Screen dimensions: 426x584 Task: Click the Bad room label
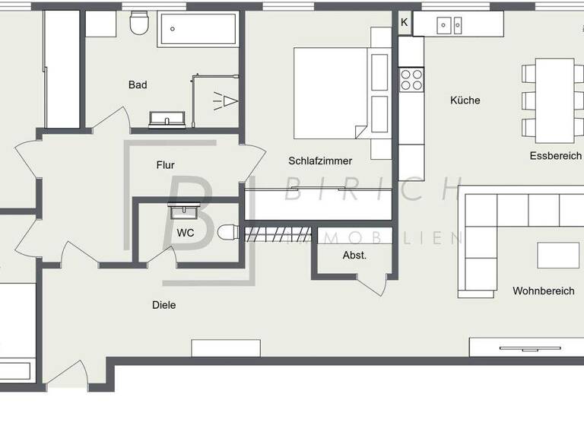[138, 85]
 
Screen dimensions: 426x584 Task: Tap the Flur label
[166, 164]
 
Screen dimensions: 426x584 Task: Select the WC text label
[186, 233]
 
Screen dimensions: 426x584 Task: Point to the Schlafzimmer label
[320, 161]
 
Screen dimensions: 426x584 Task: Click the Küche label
[465, 100]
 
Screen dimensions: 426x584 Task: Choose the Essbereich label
[556, 156]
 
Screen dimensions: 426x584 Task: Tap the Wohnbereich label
[543, 291]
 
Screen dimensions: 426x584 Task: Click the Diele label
[164, 305]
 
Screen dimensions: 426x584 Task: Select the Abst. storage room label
[354, 256]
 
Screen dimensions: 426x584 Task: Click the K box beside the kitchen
[405, 23]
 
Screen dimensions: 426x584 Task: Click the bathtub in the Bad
[197, 30]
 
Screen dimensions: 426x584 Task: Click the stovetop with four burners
[411, 80]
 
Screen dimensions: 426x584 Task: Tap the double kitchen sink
[449, 26]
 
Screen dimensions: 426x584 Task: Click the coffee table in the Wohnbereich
[557, 255]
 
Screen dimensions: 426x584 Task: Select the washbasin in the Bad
[167, 119]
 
